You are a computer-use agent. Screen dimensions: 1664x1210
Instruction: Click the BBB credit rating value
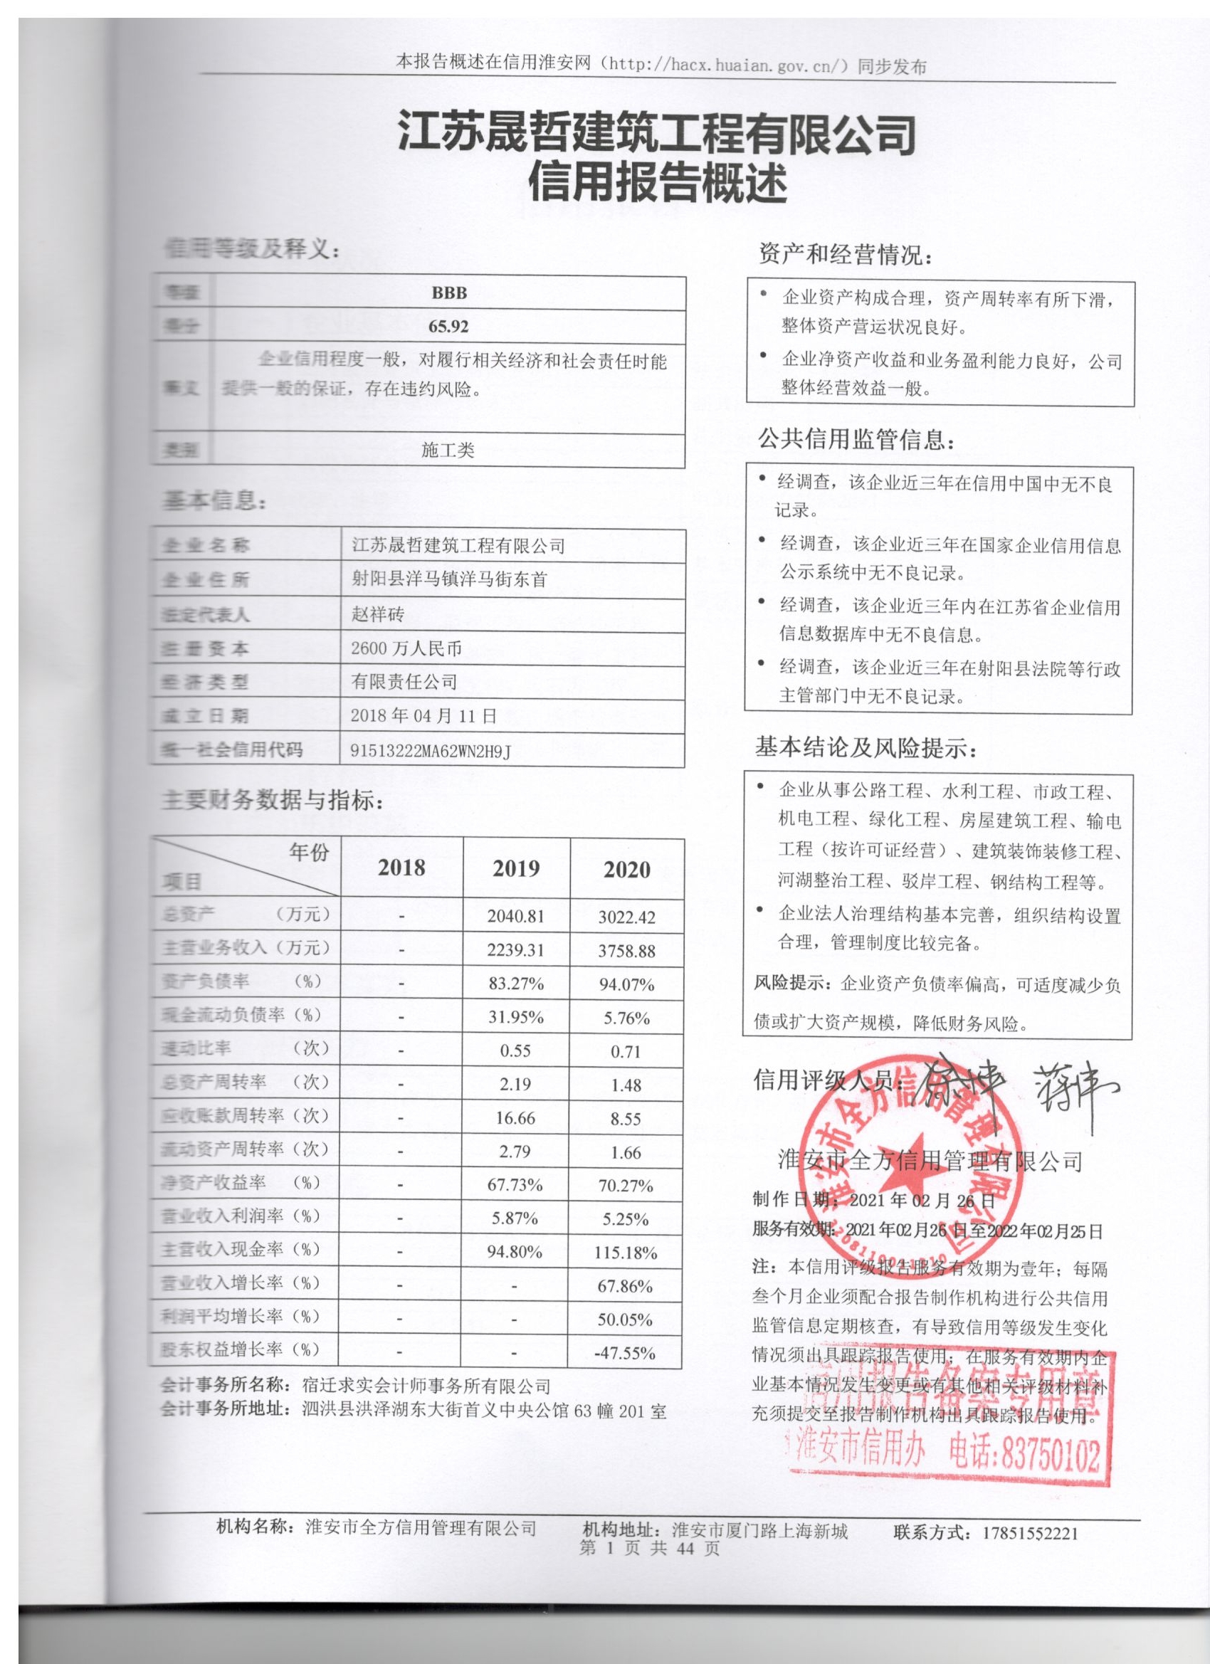coord(448,293)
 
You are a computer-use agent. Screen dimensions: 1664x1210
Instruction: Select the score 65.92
coord(448,327)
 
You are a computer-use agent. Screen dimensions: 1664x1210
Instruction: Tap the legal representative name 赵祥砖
coord(377,614)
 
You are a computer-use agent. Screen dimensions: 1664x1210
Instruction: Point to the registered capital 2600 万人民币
coord(406,648)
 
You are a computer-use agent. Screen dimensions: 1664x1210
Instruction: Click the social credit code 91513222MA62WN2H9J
coord(430,751)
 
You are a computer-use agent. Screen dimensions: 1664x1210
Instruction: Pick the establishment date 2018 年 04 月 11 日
coord(423,716)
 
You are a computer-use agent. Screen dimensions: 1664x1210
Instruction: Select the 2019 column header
coord(516,869)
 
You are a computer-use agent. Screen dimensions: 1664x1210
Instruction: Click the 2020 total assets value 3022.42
coord(626,917)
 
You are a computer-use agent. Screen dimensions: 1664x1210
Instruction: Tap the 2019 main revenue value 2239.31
coord(516,950)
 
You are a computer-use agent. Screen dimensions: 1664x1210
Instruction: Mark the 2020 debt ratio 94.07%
coord(626,984)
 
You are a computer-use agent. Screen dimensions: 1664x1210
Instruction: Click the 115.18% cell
coord(625,1253)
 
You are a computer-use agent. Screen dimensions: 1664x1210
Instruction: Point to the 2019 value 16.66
coord(516,1118)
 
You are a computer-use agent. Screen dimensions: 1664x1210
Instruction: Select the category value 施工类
coord(448,450)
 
